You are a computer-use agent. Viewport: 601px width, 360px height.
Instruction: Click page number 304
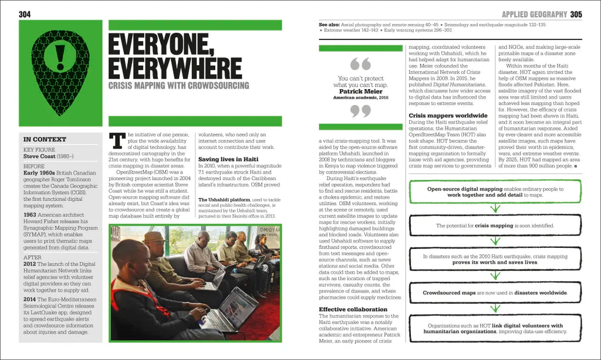25,14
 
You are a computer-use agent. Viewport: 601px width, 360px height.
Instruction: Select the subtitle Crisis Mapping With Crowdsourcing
179,86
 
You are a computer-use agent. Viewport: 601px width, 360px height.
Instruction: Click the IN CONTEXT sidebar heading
45,140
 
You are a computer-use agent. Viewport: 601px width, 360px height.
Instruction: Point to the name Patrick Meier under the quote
360,92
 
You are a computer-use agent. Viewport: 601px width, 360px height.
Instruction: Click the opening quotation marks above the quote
360,63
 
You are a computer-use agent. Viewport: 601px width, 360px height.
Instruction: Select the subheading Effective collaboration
353,309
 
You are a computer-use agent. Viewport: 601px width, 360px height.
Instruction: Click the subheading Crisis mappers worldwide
448,116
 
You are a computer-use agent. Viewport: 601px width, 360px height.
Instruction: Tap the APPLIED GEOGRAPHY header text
534,14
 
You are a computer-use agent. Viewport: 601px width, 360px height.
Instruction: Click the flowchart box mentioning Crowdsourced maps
495,292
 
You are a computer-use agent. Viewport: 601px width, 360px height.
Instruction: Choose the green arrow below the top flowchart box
495,207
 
